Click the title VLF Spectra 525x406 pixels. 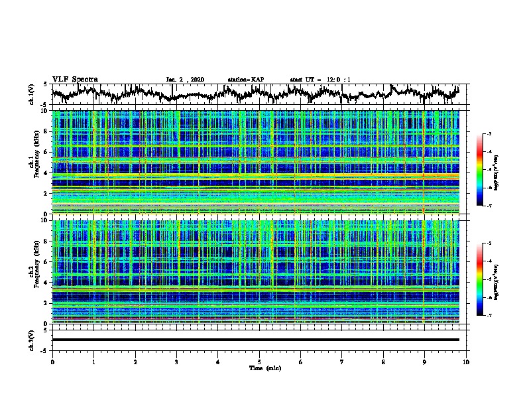click(75, 79)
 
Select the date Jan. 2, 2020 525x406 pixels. click(185, 80)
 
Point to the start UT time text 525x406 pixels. click(320, 80)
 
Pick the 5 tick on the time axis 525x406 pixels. click(259, 362)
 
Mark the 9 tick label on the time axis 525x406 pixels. click(425, 362)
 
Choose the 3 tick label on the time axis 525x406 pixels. click(176, 362)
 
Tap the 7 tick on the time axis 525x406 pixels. click(342, 362)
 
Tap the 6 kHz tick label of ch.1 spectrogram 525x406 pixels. click(45, 153)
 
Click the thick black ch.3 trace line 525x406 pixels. click(255, 340)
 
